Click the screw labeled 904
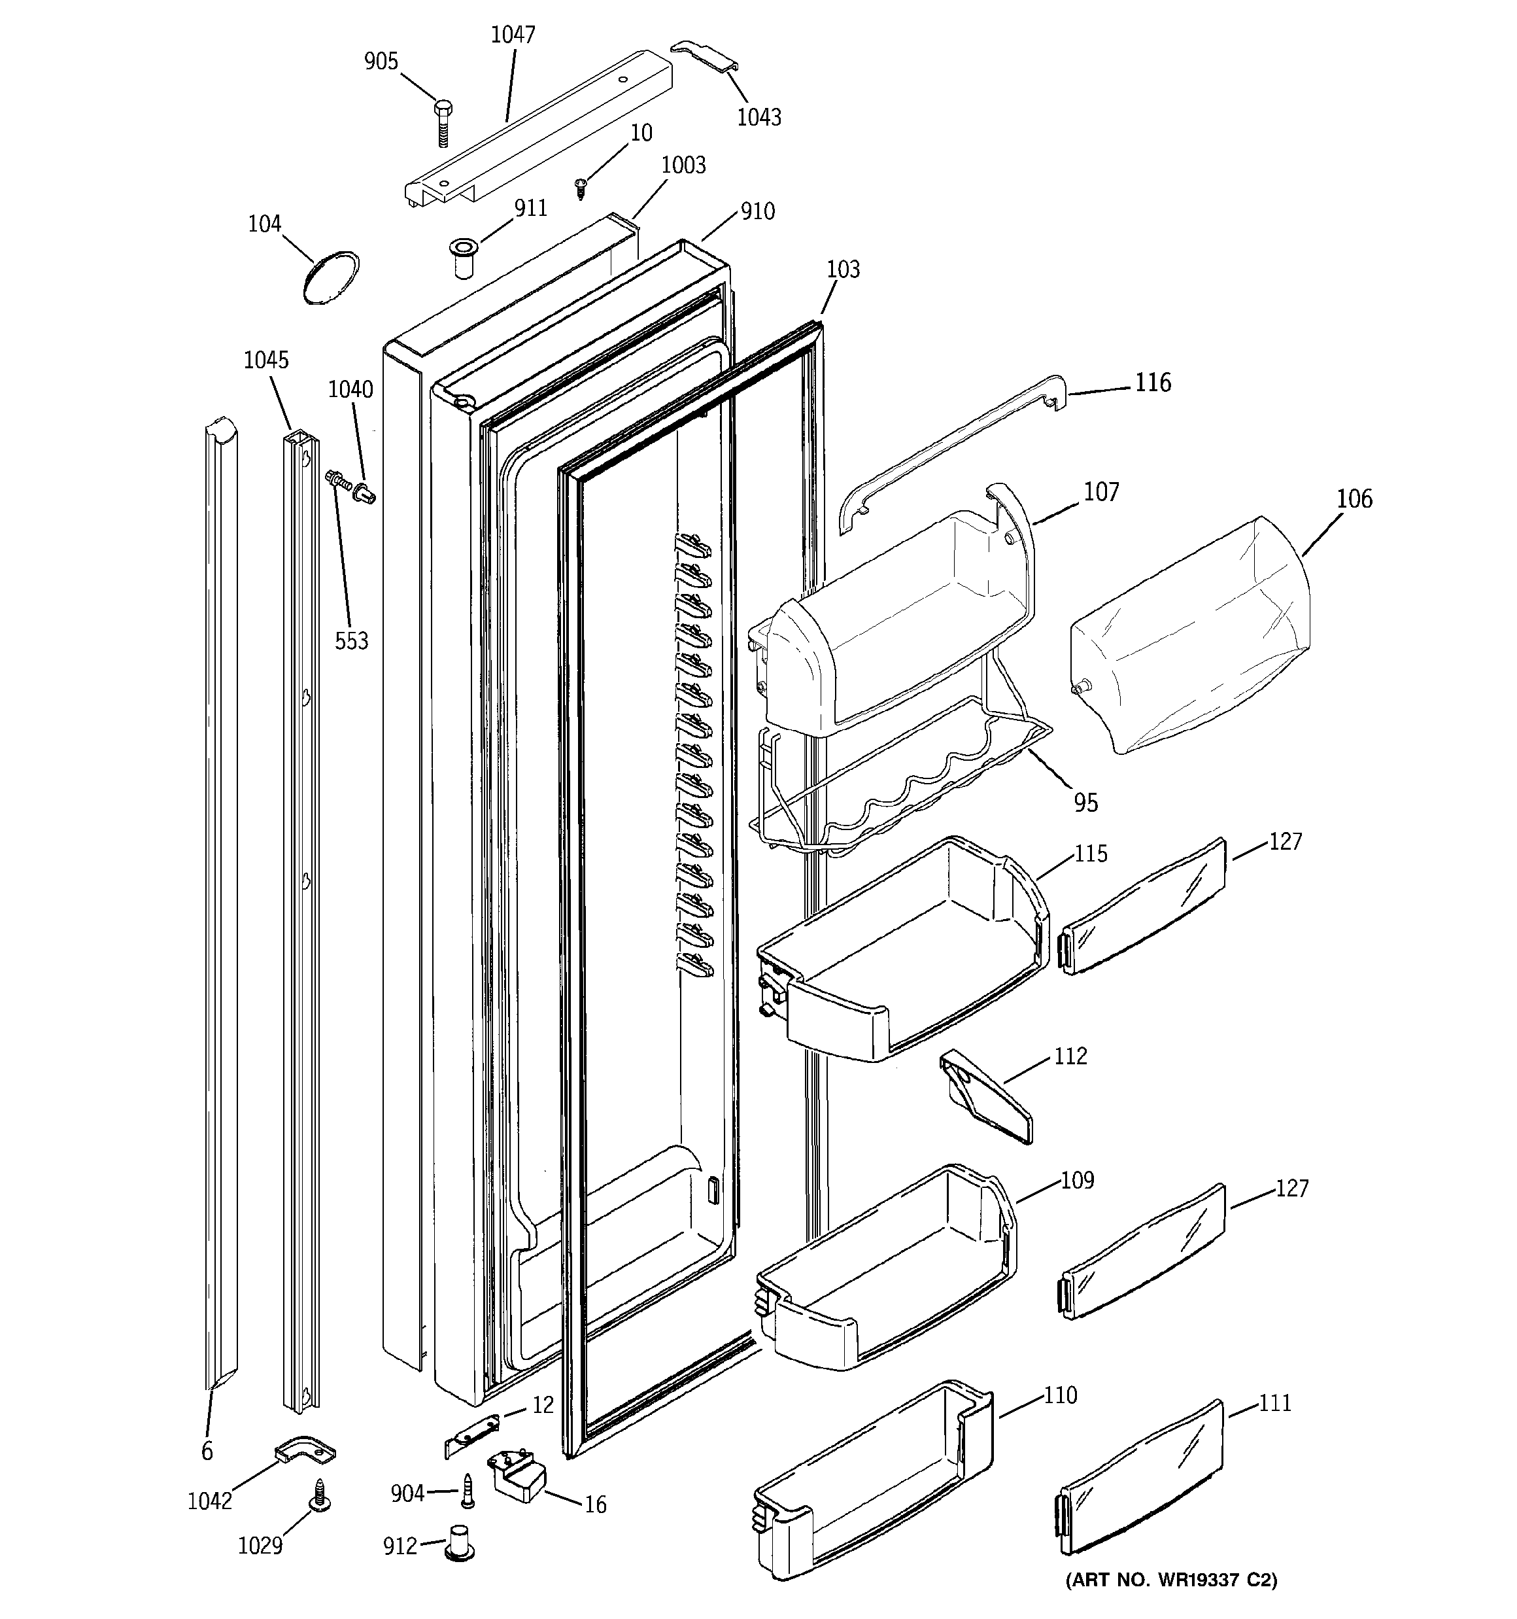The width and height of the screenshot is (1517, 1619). (468, 1490)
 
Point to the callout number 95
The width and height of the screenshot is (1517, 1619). (1085, 803)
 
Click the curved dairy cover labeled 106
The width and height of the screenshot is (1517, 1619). (1189, 635)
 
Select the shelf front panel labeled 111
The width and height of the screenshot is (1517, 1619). (1140, 1479)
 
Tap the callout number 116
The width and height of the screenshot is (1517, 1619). (1153, 383)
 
